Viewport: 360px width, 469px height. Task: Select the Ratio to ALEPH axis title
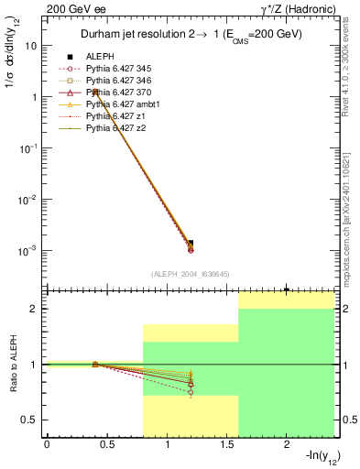coord(12,365)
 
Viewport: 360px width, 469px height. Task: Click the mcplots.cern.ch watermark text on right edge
coord(351,220)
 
